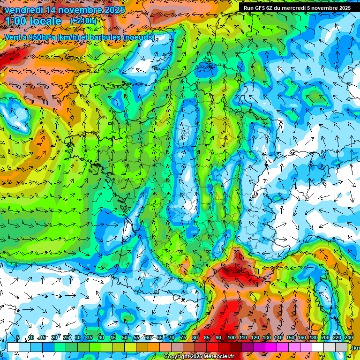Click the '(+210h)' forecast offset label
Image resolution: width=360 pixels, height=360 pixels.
(x=83, y=21)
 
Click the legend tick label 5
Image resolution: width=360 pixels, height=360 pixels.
(x=17, y=337)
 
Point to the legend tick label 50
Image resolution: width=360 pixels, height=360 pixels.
(x=125, y=337)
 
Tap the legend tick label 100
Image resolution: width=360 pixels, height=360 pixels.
(x=232, y=337)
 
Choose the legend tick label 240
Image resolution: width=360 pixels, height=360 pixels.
(x=349, y=337)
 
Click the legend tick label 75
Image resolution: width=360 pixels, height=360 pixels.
(x=183, y=337)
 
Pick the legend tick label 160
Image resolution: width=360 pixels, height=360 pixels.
(x=302, y=337)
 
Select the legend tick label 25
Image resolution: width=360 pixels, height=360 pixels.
(x=66, y=337)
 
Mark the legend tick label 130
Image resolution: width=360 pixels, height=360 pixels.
(x=267, y=337)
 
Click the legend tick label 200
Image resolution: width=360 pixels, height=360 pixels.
(x=325, y=337)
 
